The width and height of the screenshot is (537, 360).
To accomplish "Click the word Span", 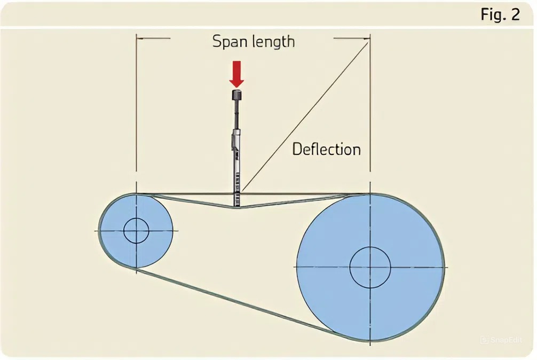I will point(228,42).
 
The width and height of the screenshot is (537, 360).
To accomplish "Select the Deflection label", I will point(326,149).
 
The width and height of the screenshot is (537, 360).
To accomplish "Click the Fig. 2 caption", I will point(500,14).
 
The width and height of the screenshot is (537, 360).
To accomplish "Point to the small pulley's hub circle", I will point(136,231).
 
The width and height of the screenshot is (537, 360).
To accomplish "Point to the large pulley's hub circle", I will point(370,267).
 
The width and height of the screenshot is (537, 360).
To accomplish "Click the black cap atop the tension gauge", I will point(236,95).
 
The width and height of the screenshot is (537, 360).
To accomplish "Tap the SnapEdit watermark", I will point(501,339).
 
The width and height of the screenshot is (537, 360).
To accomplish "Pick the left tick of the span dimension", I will point(138,38).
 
